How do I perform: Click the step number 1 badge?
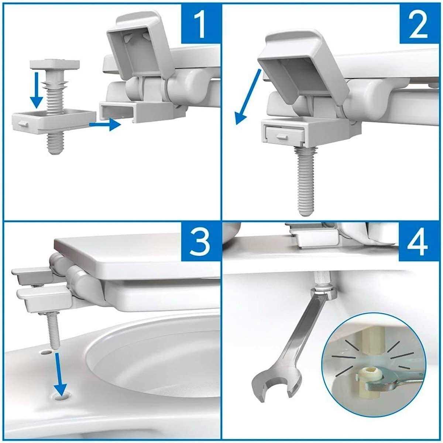click(200, 23)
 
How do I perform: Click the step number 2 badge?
click(419, 23)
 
